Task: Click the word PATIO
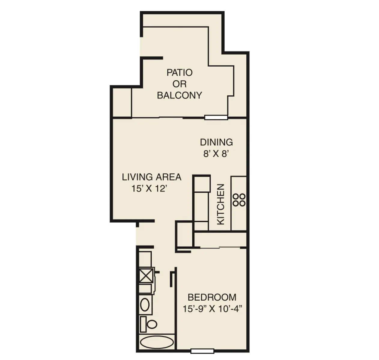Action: (179, 73)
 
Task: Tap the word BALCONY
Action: (179, 95)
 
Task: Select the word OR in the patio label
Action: (179, 84)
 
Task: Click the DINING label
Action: (216, 142)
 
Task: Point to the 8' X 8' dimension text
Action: (216, 154)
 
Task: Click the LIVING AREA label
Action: (151, 177)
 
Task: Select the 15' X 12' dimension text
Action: (149, 189)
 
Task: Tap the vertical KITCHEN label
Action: (221, 204)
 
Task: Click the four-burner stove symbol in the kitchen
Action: (239, 200)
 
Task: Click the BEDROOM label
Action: (212, 297)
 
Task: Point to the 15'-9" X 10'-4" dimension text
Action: (212, 309)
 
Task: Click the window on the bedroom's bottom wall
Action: (202, 351)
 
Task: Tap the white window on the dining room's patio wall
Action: (216, 118)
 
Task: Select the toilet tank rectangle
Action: (143, 324)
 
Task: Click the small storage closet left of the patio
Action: (122, 102)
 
